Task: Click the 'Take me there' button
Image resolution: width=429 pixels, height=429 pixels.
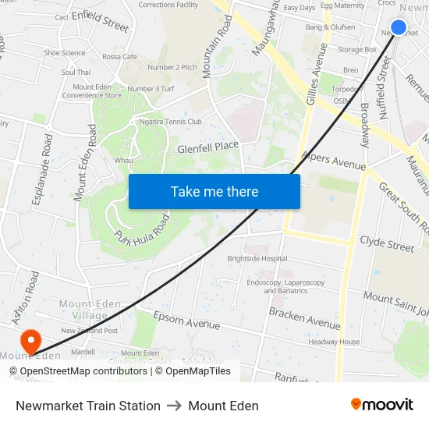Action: click(214, 191)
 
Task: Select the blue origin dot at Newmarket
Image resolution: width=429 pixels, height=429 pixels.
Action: click(398, 27)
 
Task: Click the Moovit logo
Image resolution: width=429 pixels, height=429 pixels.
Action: click(382, 405)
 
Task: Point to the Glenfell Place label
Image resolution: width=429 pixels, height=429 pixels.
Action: click(207, 146)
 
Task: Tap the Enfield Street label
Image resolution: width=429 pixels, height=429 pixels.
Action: click(101, 20)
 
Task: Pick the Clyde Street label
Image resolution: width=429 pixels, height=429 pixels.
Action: click(387, 243)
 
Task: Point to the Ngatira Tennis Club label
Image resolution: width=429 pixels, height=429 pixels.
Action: click(170, 122)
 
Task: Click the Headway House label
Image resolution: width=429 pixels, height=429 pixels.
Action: click(334, 342)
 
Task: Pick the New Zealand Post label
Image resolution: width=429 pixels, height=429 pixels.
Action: click(90, 331)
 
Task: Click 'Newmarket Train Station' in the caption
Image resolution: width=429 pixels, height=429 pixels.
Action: click(88, 406)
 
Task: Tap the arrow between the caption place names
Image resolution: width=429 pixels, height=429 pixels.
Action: click(174, 406)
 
